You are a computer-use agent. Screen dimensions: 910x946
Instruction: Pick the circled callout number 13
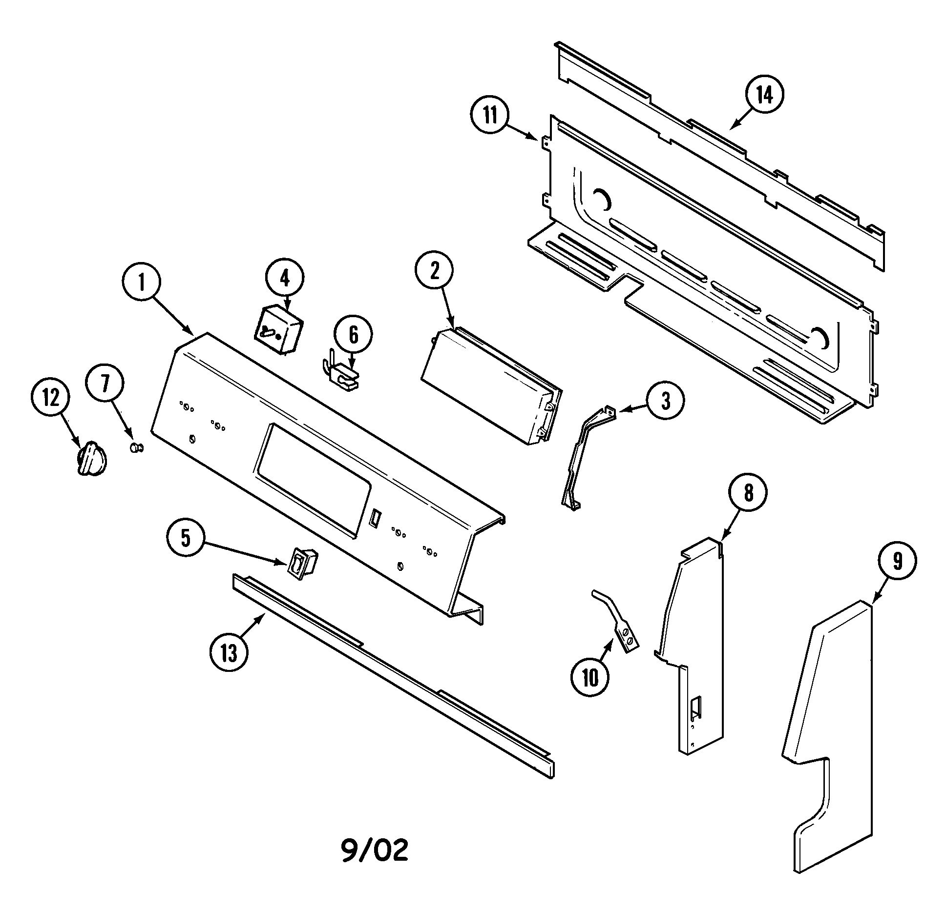229,652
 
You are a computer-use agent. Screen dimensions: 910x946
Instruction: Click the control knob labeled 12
92,458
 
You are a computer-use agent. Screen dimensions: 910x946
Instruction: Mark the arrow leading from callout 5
244,552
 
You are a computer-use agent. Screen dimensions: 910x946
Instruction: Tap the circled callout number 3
666,400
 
